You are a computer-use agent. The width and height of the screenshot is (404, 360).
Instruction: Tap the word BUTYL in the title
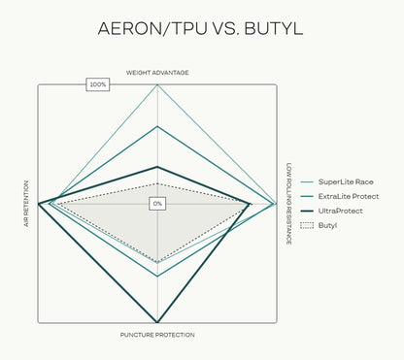coord(274,28)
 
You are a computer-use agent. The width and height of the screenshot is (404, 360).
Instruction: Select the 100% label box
coord(98,84)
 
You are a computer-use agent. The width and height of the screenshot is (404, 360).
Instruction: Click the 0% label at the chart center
coord(157,204)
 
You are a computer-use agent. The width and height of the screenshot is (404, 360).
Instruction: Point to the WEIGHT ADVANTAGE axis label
coord(157,73)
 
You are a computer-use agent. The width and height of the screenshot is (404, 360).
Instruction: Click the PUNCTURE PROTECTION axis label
coord(157,335)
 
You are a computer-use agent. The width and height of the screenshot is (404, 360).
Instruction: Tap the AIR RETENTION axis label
coord(26,204)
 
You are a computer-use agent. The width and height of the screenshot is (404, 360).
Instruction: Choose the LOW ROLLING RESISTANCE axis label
coord(288,204)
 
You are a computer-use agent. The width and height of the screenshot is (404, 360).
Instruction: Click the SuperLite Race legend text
coord(346,181)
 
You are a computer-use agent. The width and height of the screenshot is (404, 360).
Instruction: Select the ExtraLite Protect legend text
coord(349,196)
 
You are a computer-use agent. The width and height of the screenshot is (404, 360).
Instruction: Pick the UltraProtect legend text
coord(341,211)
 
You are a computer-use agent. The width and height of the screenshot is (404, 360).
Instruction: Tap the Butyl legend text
coord(327,225)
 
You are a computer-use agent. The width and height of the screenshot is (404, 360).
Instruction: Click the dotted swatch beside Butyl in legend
coord(307,225)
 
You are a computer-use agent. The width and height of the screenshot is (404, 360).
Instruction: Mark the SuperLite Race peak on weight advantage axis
coord(157,85)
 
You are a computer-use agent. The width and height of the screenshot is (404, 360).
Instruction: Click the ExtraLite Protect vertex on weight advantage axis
coord(157,126)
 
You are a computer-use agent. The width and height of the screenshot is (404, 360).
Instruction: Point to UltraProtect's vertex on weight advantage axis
coord(157,167)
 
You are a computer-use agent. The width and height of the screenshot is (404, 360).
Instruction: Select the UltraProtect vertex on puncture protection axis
coord(157,322)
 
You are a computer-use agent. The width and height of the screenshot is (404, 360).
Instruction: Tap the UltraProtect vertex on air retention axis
coord(38,204)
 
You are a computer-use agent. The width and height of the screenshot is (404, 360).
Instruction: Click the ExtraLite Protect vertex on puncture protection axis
coord(157,277)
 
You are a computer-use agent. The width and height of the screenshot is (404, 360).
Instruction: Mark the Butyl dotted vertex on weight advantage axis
coord(157,183)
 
